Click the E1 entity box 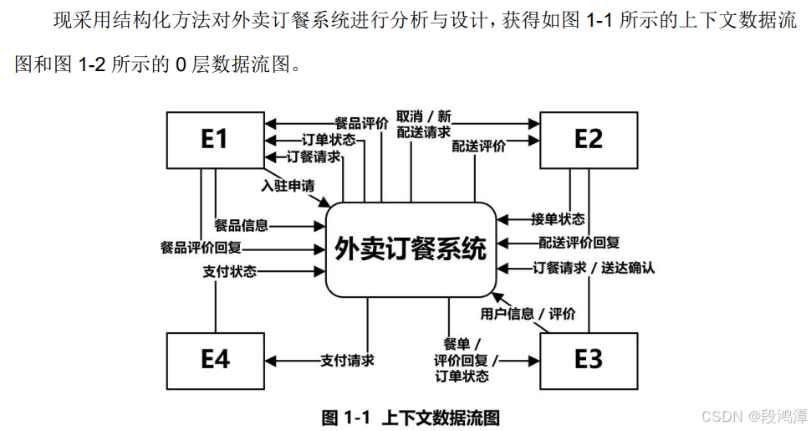214,139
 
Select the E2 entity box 588,139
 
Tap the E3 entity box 588,360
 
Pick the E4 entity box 214,360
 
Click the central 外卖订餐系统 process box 410,249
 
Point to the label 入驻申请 288,186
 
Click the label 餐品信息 242,225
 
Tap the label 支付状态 229,271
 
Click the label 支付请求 347,361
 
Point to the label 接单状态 558,219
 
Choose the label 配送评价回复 578,243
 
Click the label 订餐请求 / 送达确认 594,268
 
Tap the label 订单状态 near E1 329,140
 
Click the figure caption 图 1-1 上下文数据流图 411,418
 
